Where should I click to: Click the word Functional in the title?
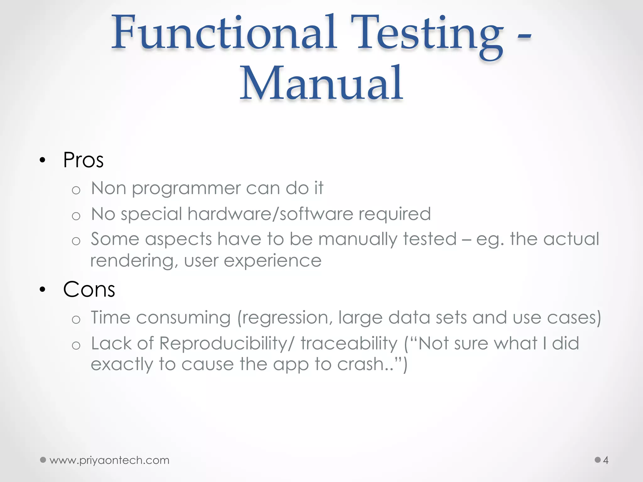pyautogui.click(x=224, y=33)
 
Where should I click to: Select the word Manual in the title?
pyautogui.click(x=321, y=83)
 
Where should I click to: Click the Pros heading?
pyautogui.click(x=83, y=160)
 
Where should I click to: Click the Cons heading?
pyautogui.click(x=89, y=289)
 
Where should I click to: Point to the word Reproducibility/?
pyautogui.click(x=227, y=343)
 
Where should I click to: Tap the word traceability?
pyautogui.click(x=349, y=344)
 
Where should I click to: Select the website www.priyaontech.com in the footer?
pyautogui.click(x=109, y=460)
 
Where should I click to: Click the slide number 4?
pyautogui.click(x=606, y=460)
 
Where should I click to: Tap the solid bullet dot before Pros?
pyautogui.click(x=43, y=161)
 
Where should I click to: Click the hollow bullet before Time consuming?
pyautogui.click(x=76, y=320)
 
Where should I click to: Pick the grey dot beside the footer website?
pyautogui.click(x=43, y=460)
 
